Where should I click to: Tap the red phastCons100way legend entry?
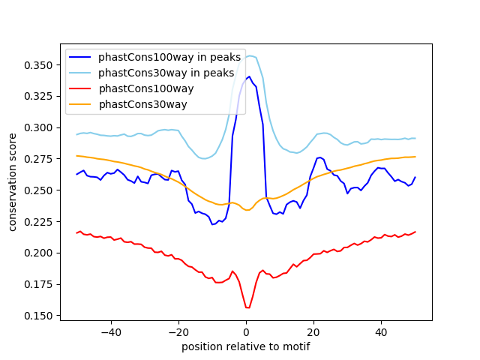(145, 89)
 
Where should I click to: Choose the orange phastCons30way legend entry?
(142, 105)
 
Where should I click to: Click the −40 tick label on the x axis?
(110, 331)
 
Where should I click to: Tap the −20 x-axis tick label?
(178, 331)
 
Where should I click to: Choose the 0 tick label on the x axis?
(246, 331)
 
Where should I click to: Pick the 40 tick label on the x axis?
(381, 331)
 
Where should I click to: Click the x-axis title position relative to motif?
(245, 346)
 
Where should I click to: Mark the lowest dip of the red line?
(247, 307)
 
